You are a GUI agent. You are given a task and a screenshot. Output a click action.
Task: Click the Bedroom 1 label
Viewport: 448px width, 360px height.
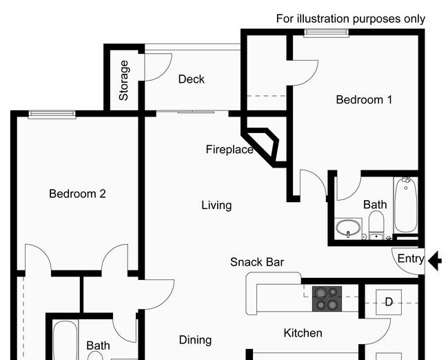(x=364, y=100)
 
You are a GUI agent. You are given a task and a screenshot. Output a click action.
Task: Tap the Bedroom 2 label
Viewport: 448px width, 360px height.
(x=77, y=194)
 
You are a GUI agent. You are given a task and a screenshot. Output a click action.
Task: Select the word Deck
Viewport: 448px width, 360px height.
(x=192, y=79)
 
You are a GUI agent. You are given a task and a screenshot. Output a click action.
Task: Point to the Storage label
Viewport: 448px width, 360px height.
(x=123, y=81)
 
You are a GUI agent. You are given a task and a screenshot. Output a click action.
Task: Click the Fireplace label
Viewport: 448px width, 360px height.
(x=230, y=150)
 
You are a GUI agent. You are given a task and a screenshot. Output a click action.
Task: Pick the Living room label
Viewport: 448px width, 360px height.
(x=216, y=206)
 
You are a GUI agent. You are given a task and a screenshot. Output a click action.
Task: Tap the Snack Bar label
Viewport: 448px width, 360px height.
(x=257, y=262)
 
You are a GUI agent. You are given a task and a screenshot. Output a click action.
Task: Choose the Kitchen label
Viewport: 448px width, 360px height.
(x=303, y=333)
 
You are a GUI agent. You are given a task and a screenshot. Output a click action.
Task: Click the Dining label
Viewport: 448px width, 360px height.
(x=196, y=340)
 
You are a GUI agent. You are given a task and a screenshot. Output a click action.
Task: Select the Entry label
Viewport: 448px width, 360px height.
(x=411, y=259)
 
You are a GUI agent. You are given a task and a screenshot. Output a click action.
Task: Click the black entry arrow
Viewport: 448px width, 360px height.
(x=435, y=261)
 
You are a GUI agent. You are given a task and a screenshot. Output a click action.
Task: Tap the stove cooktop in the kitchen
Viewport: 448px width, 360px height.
(x=327, y=299)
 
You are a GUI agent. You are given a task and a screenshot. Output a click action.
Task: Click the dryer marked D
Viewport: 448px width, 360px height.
(x=389, y=302)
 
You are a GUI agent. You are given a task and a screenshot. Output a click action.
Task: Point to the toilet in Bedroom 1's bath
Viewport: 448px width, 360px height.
(x=376, y=225)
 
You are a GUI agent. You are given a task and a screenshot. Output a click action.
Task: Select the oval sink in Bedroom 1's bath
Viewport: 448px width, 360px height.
(x=348, y=228)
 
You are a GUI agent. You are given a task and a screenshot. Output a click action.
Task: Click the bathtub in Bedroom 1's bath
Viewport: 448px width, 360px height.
(x=406, y=204)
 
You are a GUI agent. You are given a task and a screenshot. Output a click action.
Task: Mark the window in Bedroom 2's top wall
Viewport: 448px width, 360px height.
(x=52, y=114)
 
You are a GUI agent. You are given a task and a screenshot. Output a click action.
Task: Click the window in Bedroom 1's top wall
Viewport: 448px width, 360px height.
(x=327, y=33)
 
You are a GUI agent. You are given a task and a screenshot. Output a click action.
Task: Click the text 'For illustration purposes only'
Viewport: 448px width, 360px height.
(x=351, y=19)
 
